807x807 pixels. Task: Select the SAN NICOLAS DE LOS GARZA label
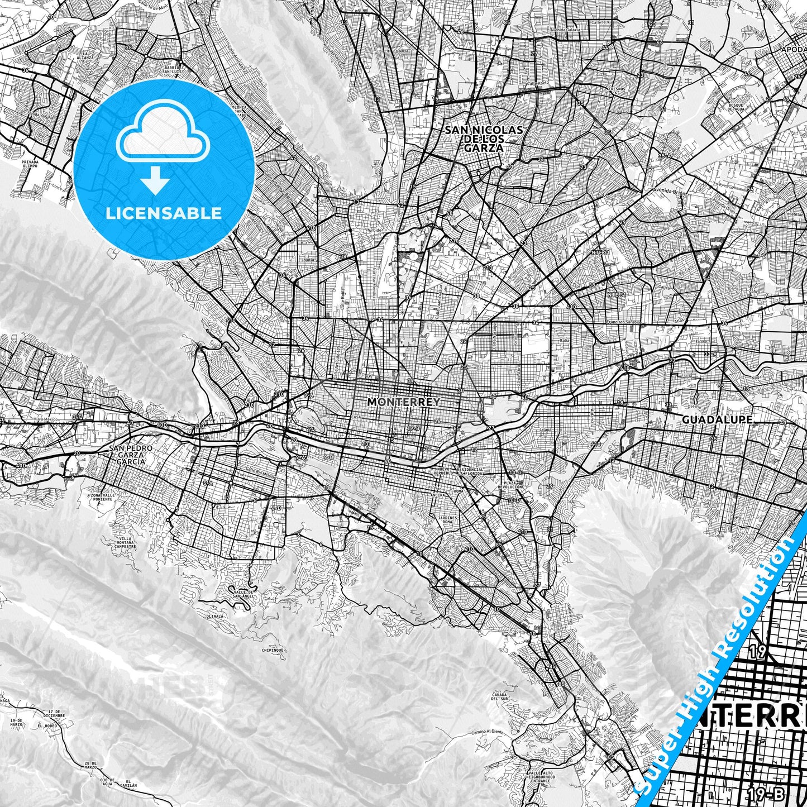(x=484, y=139)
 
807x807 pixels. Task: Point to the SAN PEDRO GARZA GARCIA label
(x=127, y=455)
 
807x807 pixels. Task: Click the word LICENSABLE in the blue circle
(x=164, y=213)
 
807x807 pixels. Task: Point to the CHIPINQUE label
(x=273, y=651)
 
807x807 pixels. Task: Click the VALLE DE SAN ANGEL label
(x=244, y=594)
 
